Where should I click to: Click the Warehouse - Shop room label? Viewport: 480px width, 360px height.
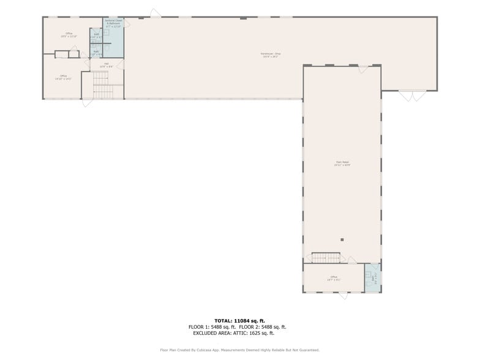tap(269, 55)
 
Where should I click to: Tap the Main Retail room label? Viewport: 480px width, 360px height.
tap(342, 163)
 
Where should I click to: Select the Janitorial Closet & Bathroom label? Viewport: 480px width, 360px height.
tap(113, 23)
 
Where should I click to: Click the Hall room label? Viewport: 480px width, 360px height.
tap(106, 65)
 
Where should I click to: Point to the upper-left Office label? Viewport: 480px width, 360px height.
tap(69, 35)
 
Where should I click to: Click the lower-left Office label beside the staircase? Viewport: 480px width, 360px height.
tap(64, 77)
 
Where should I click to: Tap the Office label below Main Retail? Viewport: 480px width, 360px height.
tap(334, 278)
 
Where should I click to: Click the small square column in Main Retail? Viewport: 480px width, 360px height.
tap(342, 239)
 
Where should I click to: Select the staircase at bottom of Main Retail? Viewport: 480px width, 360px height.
tap(326, 258)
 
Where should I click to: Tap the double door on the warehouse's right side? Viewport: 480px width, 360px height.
tap(412, 96)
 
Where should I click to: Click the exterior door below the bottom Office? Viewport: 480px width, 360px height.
tap(343, 296)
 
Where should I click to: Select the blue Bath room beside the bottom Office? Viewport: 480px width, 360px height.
tap(372, 279)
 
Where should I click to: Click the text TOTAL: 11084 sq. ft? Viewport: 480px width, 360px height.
tap(239, 321)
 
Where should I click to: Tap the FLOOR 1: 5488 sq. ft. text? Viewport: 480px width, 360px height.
tap(212, 327)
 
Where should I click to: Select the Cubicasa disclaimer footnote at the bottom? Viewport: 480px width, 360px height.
tap(239, 350)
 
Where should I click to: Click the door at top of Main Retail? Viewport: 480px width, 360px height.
tap(363, 69)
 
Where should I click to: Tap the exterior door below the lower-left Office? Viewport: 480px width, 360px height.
tap(88, 102)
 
